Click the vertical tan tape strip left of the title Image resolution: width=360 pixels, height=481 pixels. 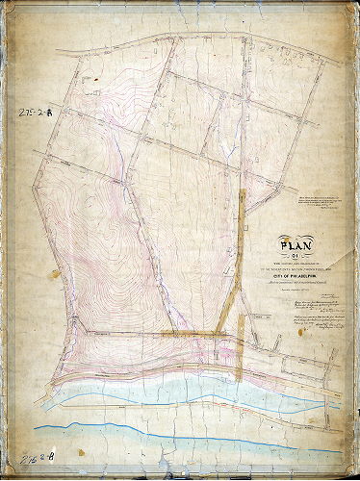pyautogui.click(x=239, y=260)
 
